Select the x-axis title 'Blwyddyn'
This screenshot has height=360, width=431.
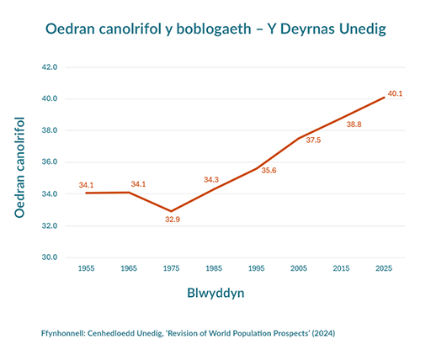pyautogui.click(x=215, y=294)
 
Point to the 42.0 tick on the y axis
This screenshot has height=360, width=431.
pyautogui.click(x=49, y=66)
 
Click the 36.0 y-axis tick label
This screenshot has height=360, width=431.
pyautogui.click(x=49, y=162)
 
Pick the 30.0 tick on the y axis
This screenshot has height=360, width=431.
pyautogui.click(x=49, y=257)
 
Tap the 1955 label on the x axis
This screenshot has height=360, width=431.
pyautogui.click(x=86, y=268)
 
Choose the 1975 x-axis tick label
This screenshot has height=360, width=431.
pyautogui.click(x=171, y=268)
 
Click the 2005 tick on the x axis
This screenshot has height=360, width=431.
pyautogui.click(x=299, y=268)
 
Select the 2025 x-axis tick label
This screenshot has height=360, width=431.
pyautogui.click(x=384, y=268)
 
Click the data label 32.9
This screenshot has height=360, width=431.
pyautogui.click(x=173, y=220)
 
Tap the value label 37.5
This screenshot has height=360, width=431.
pyautogui.click(x=312, y=140)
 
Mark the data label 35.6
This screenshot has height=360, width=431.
pyautogui.click(x=269, y=171)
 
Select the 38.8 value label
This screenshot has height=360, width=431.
pyautogui.click(x=354, y=124)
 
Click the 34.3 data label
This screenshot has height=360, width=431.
pyautogui.click(x=211, y=179)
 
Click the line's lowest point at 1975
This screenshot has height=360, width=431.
pyautogui.click(x=171, y=211)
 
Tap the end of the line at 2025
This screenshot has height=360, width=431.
pyautogui.click(x=384, y=98)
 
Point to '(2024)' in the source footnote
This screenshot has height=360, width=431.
pyautogui.click(x=323, y=333)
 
